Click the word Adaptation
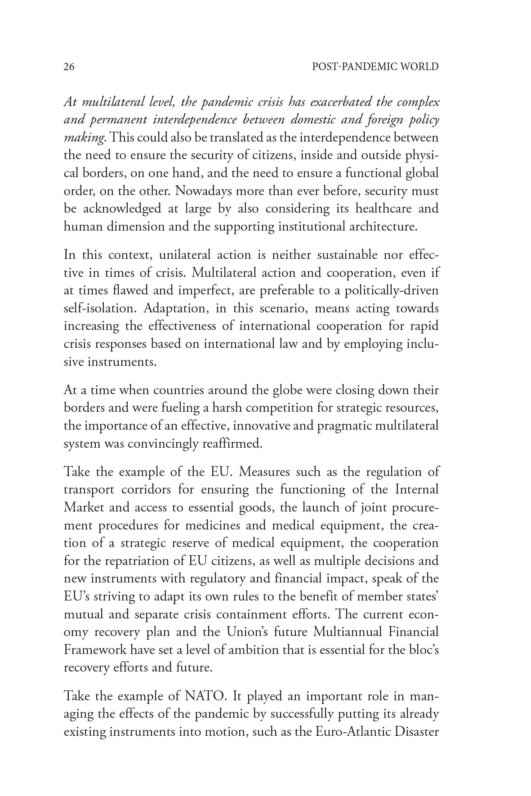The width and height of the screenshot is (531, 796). click(x=177, y=309)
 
